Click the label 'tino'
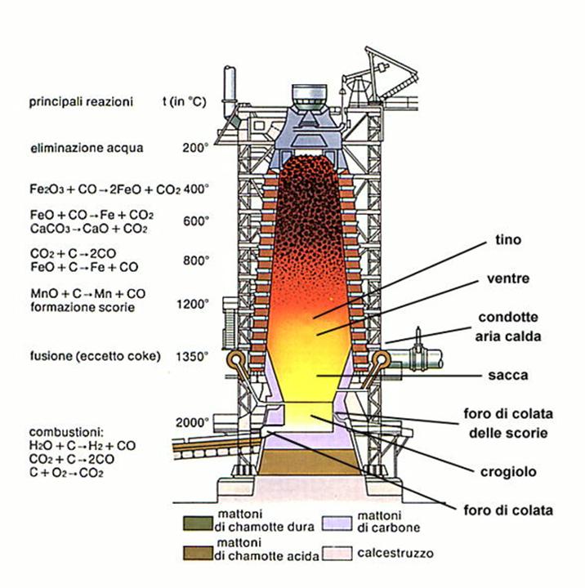[508, 239]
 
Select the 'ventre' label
[508, 278]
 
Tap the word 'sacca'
[508, 375]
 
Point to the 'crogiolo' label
[508, 472]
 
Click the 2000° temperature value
[192, 423]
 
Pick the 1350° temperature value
[192, 356]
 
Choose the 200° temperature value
[195, 148]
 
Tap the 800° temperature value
[196, 261]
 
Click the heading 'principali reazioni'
[81, 101]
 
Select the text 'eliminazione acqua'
[87, 148]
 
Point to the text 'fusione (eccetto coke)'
[96, 356]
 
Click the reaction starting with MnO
[87, 294]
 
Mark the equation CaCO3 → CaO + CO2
[88, 229]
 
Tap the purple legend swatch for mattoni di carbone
[337, 523]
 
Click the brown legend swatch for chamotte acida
[198, 553]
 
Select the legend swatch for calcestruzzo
[337, 553]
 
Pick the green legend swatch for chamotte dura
[198, 523]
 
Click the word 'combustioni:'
[66, 432]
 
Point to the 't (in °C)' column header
[185, 101]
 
